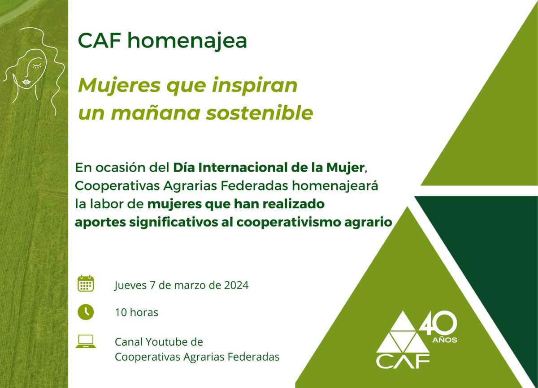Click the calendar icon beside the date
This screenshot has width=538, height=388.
point(85,284)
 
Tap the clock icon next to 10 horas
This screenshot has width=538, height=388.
point(85,312)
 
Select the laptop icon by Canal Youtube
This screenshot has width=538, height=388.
point(85,341)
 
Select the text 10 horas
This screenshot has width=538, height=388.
point(136,312)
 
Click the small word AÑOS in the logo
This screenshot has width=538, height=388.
point(445,341)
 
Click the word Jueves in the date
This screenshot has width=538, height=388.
point(130,285)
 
